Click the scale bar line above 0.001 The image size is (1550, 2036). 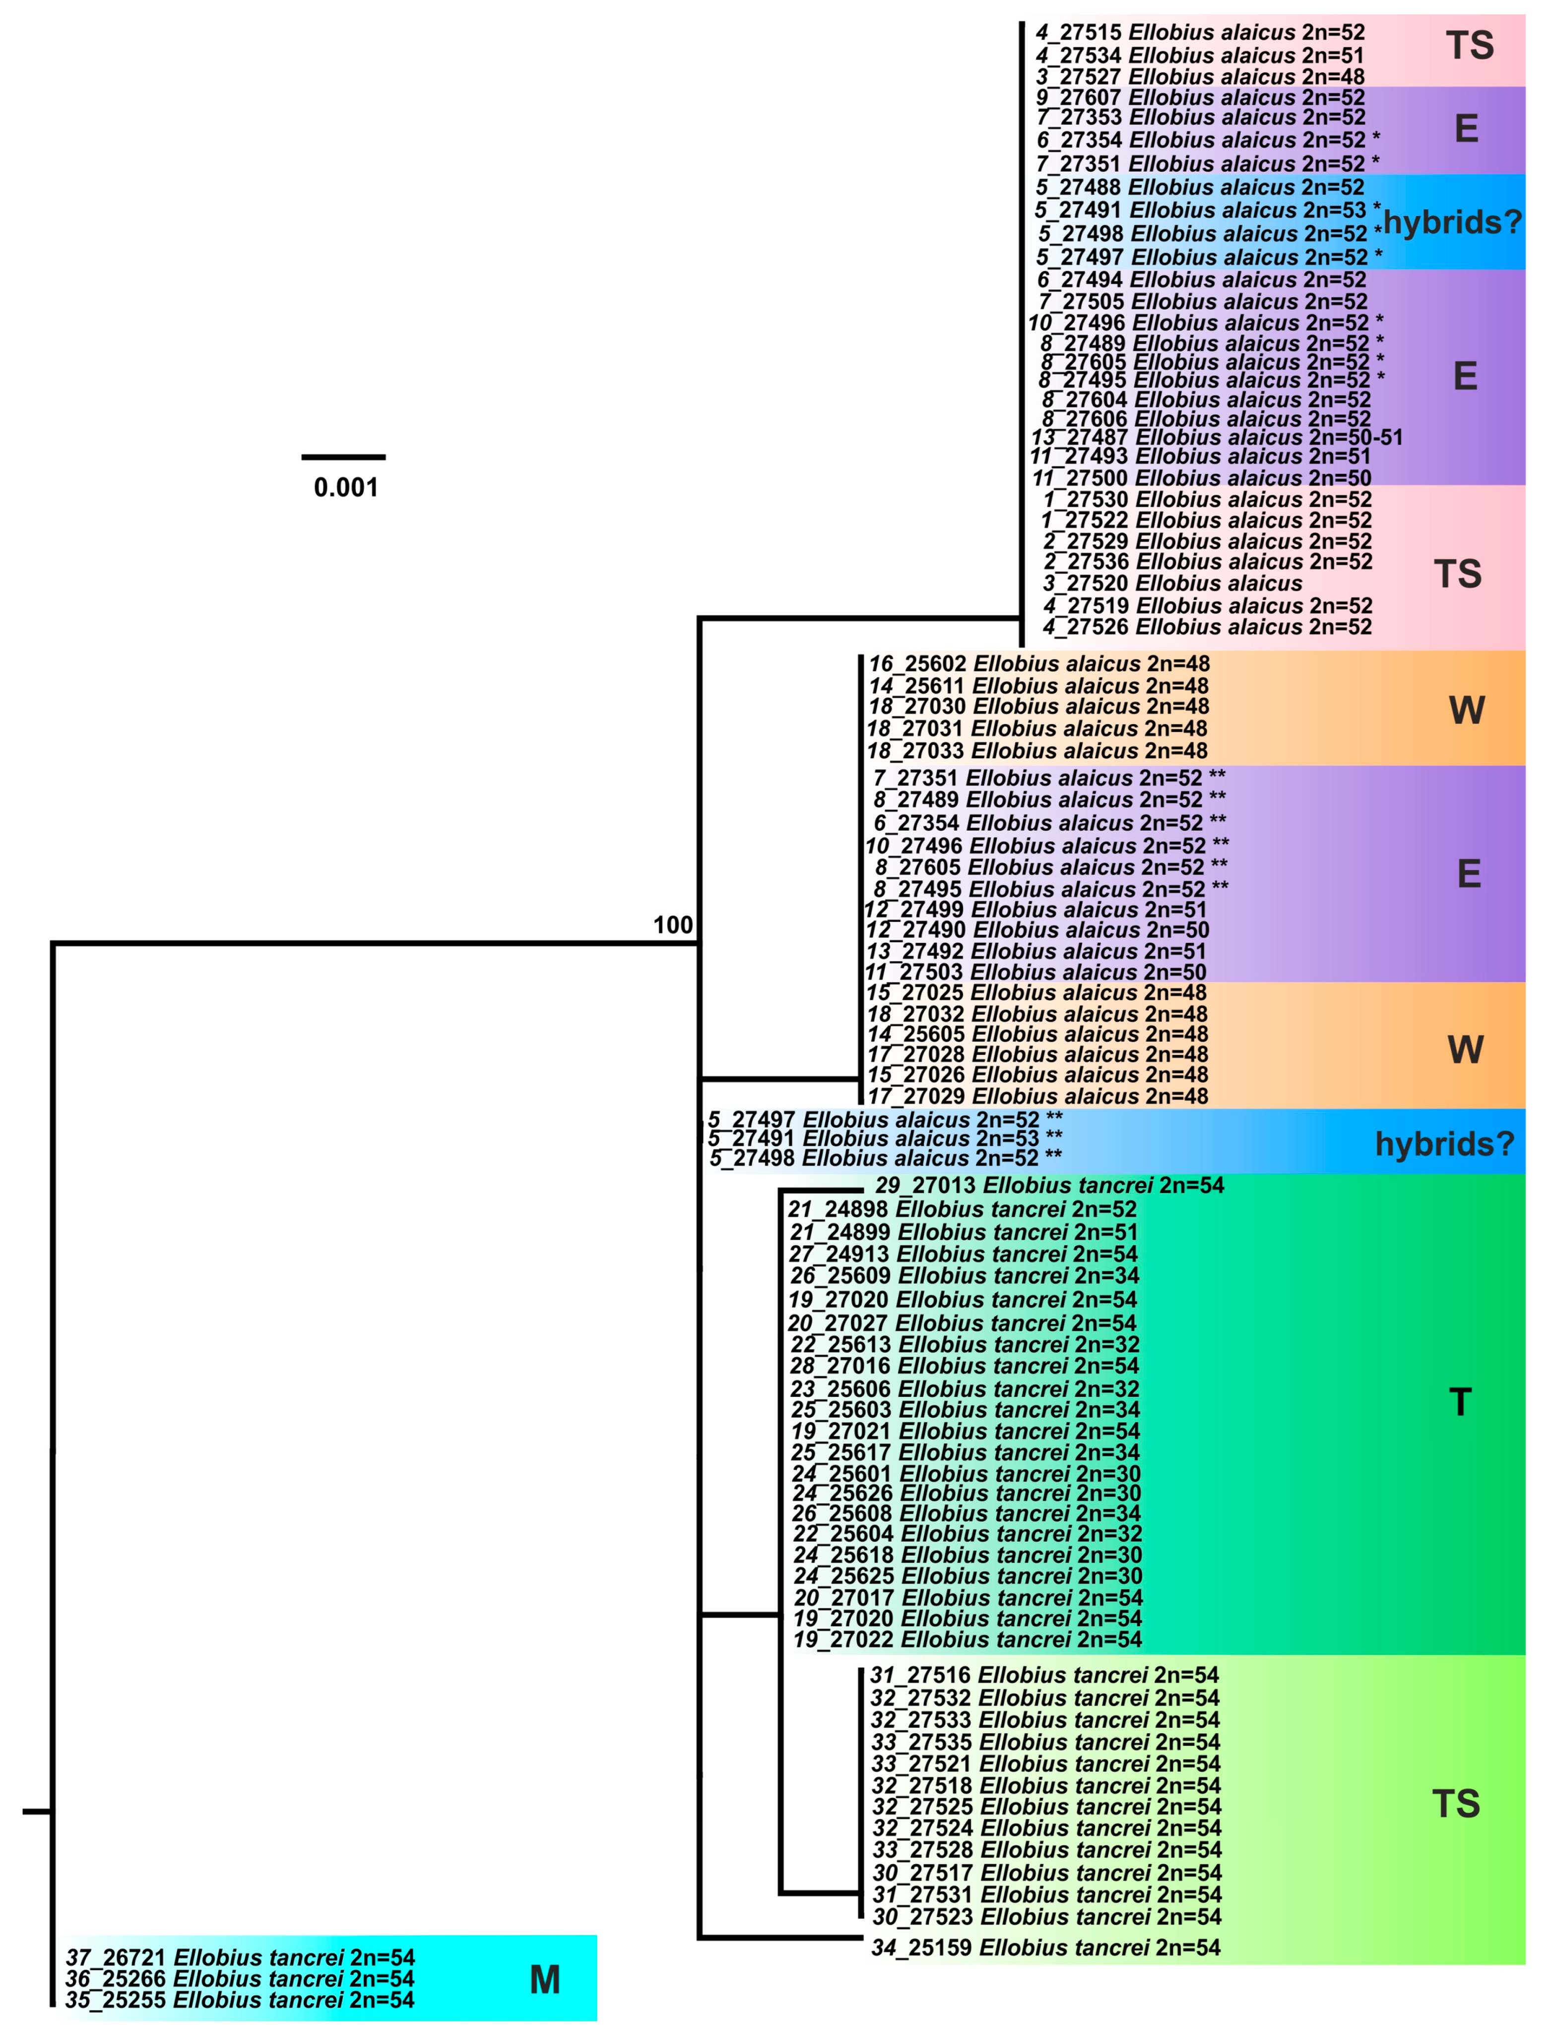point(343,457)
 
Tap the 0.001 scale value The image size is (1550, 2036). point(346,488)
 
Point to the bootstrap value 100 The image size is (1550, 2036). point(673,925)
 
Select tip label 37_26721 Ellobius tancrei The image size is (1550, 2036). point(240,1958)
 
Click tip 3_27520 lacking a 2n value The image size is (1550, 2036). point(1172,583)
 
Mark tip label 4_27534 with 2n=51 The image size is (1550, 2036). point(1199,56)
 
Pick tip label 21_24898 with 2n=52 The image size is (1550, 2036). point(962,1209)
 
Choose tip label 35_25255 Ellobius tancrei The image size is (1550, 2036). point(240,2000)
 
